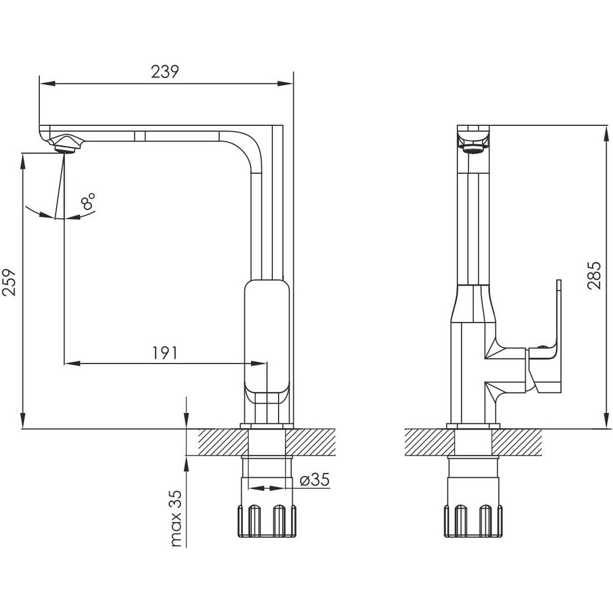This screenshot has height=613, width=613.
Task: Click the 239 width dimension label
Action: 165,72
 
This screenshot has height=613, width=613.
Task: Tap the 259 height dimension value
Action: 10,282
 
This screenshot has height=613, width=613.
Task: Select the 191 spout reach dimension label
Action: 165,353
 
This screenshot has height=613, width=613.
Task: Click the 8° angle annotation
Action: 88,201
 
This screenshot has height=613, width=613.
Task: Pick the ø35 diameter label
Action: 314,479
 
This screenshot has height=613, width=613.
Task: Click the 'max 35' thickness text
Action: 177,518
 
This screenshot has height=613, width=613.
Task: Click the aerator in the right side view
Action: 474,149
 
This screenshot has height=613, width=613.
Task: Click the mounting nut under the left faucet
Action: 267,521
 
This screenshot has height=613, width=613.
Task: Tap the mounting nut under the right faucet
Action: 473,521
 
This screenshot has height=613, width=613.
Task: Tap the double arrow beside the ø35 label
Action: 267,488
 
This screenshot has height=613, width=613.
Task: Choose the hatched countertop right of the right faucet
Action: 517,442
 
